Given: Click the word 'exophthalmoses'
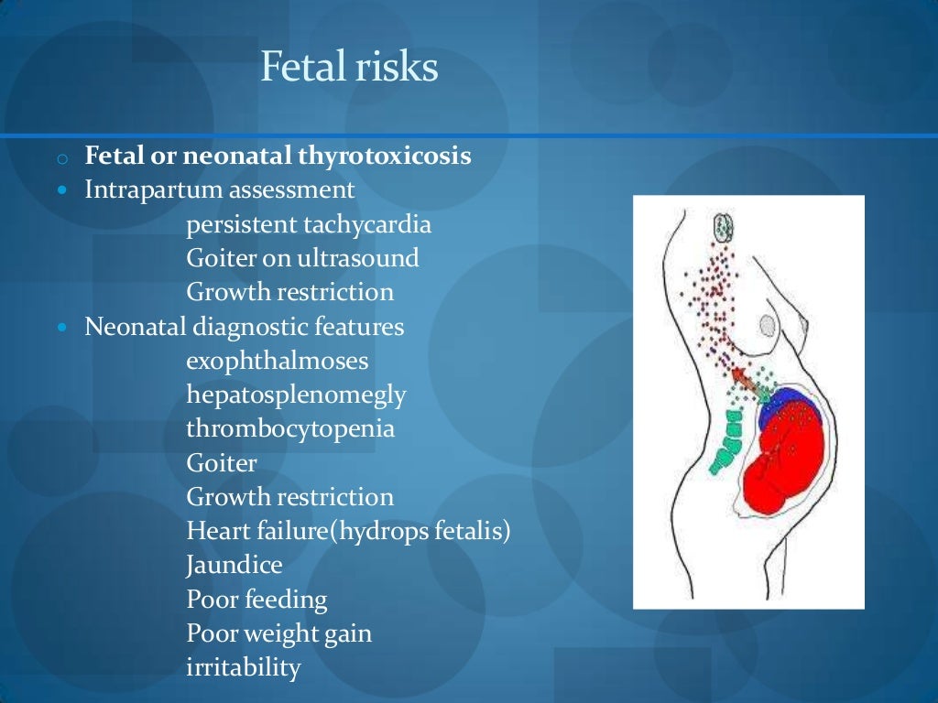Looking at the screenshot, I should tap(277, 361).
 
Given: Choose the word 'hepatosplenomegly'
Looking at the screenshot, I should tap(296, 395).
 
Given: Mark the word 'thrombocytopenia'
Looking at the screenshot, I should tap(290, 428).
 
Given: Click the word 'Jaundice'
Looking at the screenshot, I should tap(234, 565).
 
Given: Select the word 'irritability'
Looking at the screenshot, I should tap(243, 667).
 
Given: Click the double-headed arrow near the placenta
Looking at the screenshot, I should tap(748, 383).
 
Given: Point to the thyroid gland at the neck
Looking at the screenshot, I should tap(724, 226).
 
